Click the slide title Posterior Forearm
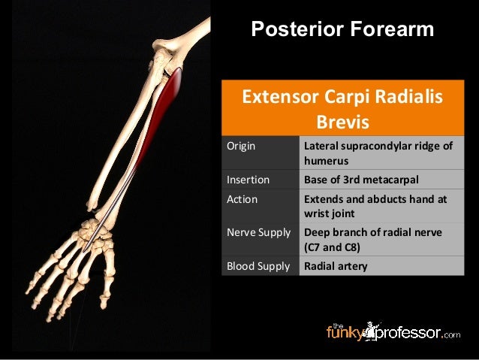point(342,29)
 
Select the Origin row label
point(241,146)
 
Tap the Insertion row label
point(248,180)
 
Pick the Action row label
point(242,199)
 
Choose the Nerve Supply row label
point(258,232)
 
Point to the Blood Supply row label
point(258,265)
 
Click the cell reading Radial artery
point(336,265)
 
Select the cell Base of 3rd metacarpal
point(360,180)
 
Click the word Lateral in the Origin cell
point(321,146)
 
